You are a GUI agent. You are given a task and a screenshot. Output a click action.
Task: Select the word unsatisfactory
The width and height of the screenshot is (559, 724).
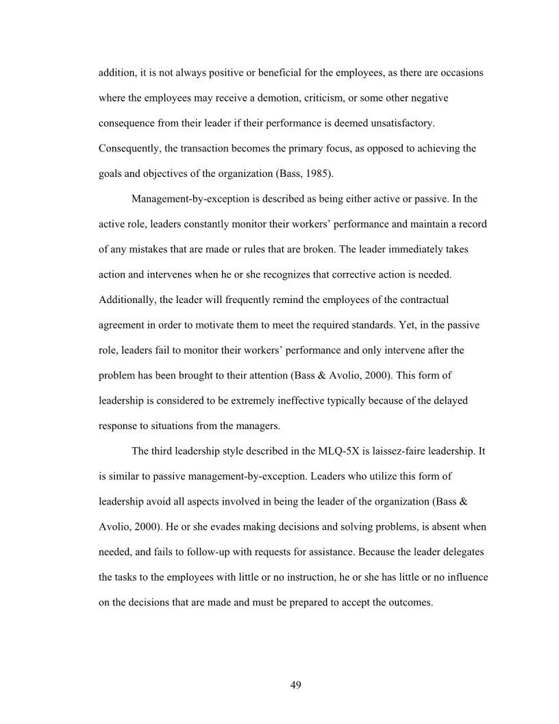(402, 123)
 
